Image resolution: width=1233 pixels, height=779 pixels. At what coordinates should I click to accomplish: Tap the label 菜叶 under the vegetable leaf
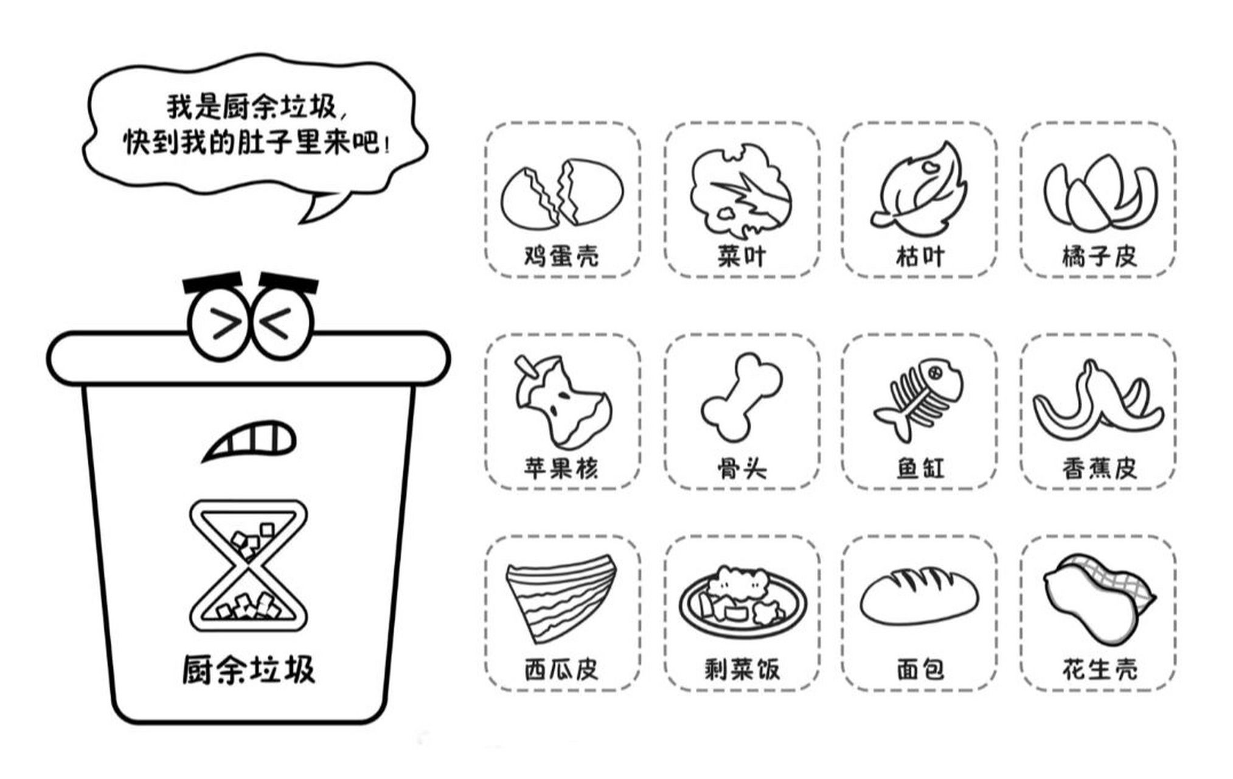741,256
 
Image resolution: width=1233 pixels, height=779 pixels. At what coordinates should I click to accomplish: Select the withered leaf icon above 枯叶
919,190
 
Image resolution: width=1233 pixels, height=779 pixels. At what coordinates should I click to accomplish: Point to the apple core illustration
561,402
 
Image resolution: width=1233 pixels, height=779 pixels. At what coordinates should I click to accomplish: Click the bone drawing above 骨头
741,397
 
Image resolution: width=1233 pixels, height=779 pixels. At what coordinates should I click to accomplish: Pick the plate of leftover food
742,599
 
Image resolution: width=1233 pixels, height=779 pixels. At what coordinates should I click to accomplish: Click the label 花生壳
1099,669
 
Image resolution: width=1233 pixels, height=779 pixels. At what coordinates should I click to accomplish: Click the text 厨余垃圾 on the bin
248,670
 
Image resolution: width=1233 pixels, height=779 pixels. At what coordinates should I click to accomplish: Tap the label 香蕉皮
1099,467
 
